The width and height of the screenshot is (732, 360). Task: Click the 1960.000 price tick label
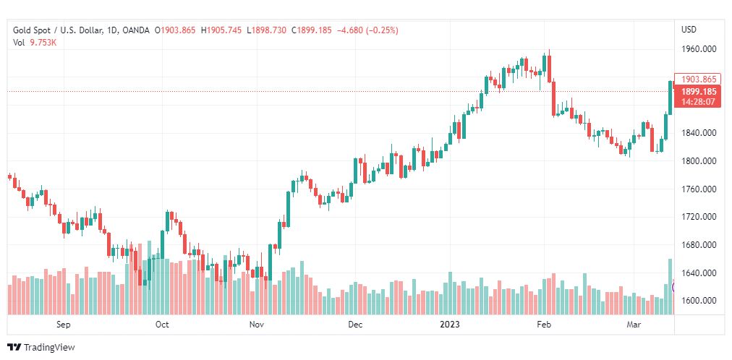click(x=698, y=49)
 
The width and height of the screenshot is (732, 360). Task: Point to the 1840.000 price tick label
click(x=698, y=133)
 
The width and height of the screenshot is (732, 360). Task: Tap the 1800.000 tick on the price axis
click(x=698, y=161)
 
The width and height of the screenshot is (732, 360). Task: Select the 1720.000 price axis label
click(x=698, y=217)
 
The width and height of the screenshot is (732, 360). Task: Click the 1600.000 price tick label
click(x=698, y=301)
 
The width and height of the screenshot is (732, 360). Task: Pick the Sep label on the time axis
click(x=63, y=325)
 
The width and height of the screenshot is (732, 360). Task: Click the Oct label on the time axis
click(x=162, y=325)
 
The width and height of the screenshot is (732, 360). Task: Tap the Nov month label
click(x=257, y=325)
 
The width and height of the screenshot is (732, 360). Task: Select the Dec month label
click(x=354, y=325)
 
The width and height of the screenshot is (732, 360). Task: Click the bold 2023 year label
click(x=451, y=325)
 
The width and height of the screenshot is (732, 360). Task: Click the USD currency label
click(x=689, y=30)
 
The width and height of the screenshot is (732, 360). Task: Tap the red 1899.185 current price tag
click(x=698, y=92)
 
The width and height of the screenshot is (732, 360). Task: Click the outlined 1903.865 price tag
click(x=698, y=80)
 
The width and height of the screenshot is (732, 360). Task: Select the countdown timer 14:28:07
click(x=698, y=102)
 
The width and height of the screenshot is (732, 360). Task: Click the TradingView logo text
click(x=49, y=348)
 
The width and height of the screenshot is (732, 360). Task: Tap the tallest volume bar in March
click(x=671, y=286)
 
